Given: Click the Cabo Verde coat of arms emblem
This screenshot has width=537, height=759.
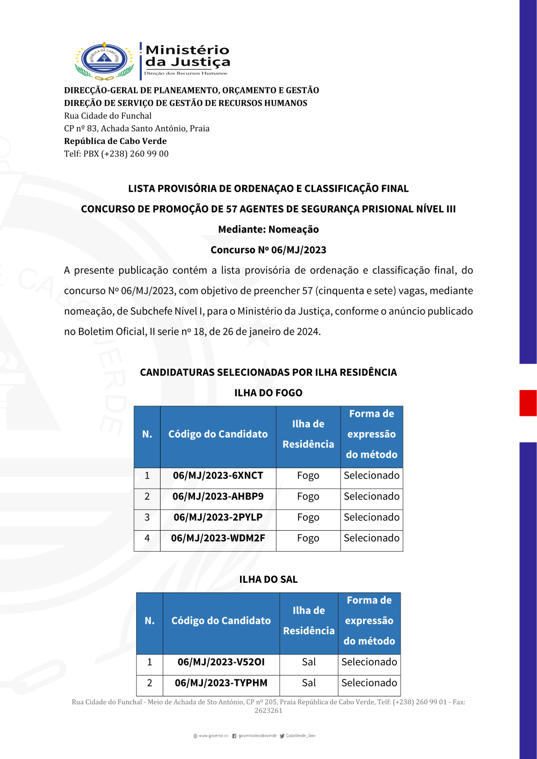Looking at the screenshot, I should pos(104,61).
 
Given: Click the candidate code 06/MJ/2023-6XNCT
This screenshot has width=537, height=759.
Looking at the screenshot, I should pos(218,476).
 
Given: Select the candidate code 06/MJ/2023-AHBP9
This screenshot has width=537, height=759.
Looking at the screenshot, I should pos(218,497).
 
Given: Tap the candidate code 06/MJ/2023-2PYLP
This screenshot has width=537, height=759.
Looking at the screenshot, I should pos(218,518).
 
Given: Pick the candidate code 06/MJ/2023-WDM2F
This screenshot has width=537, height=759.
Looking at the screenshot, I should pos(218,538).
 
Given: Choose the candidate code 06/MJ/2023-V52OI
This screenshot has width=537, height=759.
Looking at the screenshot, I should pos(221,662).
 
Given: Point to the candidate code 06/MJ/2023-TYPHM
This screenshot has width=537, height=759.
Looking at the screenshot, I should pos(221,683).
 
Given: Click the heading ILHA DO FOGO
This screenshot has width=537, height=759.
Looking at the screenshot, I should pos(268,393).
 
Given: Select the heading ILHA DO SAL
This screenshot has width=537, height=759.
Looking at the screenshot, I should pos(268,580).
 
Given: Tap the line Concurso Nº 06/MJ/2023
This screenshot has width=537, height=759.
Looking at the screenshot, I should pos(268,250).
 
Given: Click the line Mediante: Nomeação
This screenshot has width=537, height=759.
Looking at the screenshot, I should pos(268,230).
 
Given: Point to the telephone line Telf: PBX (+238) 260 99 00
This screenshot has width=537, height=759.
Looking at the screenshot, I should pos(116,154).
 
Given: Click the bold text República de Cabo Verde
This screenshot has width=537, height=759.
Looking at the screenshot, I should pos(115,141).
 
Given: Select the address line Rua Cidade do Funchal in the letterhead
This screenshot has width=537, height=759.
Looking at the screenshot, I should pos(108,116).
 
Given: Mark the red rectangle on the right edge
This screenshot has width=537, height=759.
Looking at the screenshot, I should pos(528,403).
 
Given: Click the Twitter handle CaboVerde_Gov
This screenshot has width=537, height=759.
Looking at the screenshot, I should pos(300,736).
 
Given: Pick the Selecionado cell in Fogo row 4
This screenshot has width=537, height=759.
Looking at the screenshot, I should pos(372,538).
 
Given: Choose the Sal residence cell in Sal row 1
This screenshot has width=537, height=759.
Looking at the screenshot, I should pos(309,662).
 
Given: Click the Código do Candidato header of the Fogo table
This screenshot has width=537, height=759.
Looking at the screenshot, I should pos(218,435).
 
